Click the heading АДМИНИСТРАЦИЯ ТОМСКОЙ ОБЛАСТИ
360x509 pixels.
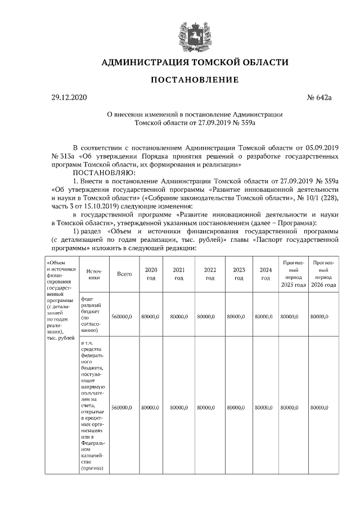coord(194,62)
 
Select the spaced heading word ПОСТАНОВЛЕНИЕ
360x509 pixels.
coord(194,80)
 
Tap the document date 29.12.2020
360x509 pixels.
coord(70,98)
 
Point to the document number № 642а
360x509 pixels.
coord(319,98)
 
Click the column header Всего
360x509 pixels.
coord(124,273)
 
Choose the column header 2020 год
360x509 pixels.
coord(151,273)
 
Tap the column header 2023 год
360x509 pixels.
coord(238,273)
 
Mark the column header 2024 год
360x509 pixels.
coord(265,273)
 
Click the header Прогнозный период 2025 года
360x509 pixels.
coord(294,273)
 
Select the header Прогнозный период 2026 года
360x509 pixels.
coord(324,273)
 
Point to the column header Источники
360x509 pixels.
coord(94,273)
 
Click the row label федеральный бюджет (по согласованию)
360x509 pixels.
coord(94,314)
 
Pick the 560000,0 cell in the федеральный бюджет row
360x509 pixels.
coord(121,317)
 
